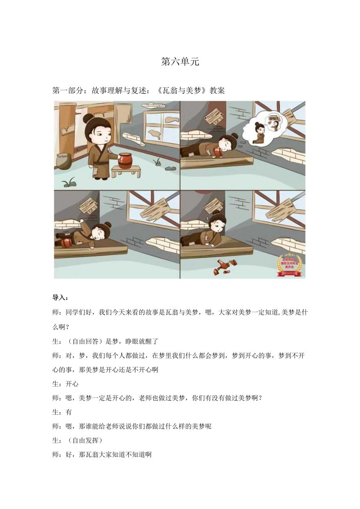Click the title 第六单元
pos(180,61)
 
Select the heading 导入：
pos(60,297)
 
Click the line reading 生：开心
pos(65,384)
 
